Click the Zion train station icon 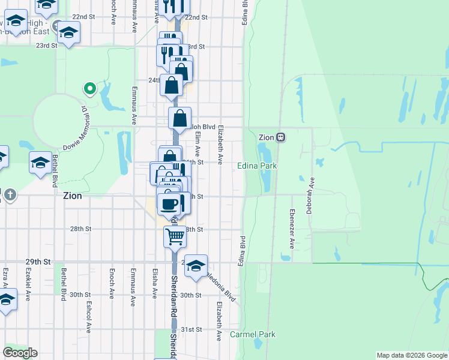coord(280,137)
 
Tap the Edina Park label coord(256,166)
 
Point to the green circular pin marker coord(90,89)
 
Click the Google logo coord(20,353)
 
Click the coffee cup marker coord(169,203)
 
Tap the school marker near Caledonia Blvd coord(196,265)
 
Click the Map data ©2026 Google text coord(412,355)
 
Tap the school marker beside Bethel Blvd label coord(41,163)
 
